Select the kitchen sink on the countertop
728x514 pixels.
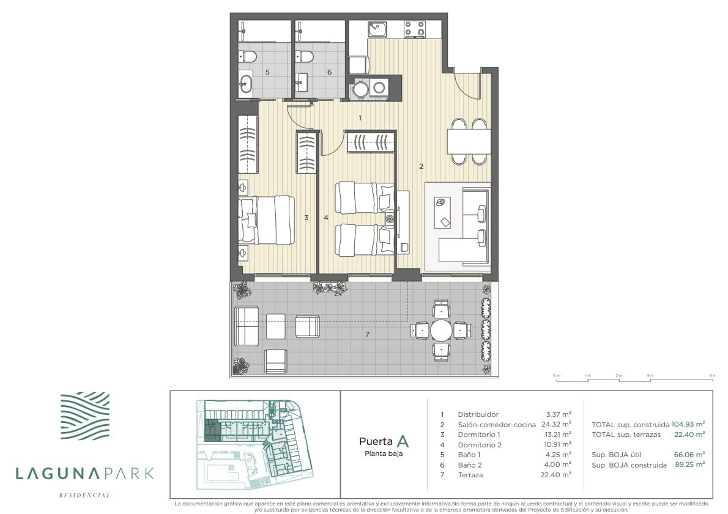(x=377, y=29)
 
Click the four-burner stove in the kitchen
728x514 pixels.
(x=415, y=28)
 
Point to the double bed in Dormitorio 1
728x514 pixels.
(x=267, y=220)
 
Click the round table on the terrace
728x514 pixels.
(x=441, y=331)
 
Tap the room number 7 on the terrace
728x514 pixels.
(x=367, y=334)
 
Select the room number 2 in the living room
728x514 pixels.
(x=421, y=166)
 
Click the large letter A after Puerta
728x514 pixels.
(x=403, y=441)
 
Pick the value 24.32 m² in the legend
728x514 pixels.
(x=555, y=424)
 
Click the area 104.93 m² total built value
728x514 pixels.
(x=688, y=424)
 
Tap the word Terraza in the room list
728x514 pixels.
(x=470, y=474)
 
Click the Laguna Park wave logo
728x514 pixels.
(x=85, y=416)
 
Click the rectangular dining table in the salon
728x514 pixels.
(x=469, y=141)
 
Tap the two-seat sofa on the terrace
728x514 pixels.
(x=247, y=326)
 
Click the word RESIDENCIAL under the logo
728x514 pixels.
(x=84, y=495)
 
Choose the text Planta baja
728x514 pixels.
(x=384, y=453)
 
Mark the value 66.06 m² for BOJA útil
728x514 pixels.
(x=689, y=455)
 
